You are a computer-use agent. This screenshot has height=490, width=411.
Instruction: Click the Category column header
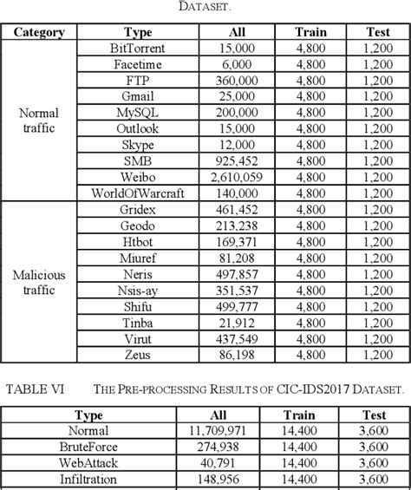39,32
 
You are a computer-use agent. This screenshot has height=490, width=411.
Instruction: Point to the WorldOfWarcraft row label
138,193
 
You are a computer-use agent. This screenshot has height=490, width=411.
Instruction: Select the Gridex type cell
138,209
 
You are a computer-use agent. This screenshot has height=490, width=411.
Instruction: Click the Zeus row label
138,354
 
